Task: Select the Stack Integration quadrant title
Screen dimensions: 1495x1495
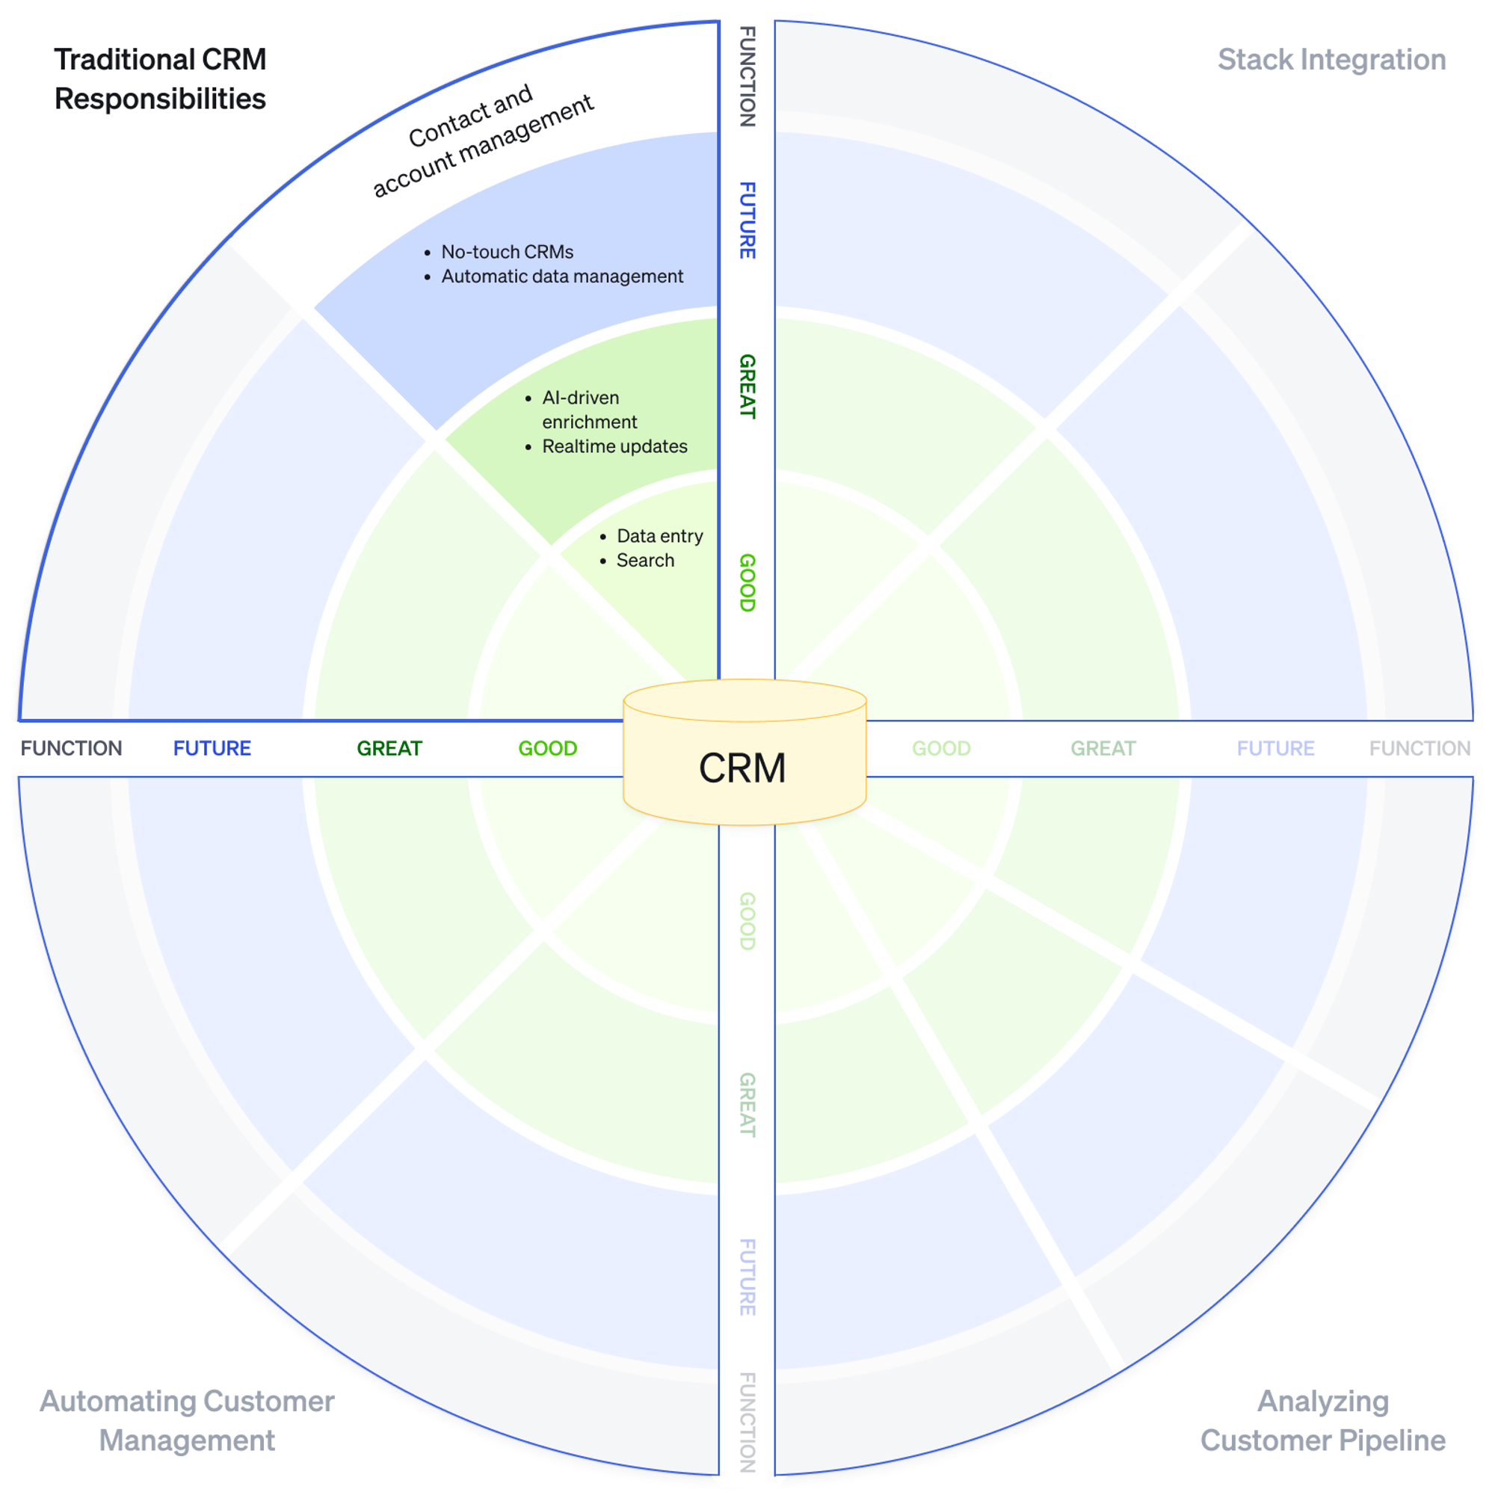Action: click(1331, 60)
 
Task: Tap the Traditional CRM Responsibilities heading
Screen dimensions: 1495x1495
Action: click(160, 79)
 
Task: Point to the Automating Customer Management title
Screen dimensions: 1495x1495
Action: click(188, 1421)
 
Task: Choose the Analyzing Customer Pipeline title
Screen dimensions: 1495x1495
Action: click(1322, 1421)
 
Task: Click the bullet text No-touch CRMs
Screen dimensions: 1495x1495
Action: click(507, 252)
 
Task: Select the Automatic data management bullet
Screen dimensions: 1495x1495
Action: click(562, 277)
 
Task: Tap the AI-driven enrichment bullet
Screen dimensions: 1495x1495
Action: click(589, 410)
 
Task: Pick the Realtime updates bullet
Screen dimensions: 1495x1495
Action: click(614, 446)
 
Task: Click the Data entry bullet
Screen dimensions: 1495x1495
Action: click(659, 536)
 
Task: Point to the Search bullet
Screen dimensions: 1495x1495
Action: click(645, 560)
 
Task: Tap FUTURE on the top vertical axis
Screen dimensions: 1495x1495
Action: click(747, 221)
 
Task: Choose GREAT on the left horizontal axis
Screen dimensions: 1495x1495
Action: click(389, 748)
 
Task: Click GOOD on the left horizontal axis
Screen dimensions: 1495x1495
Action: click(548, 748)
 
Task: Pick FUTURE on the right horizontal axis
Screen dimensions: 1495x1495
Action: click(1275, 748)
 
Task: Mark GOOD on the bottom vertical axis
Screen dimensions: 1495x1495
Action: click(747, 921)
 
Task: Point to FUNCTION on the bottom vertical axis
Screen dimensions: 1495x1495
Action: click(747, 1422)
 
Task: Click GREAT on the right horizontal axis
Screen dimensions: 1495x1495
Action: click(1103, 748)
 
